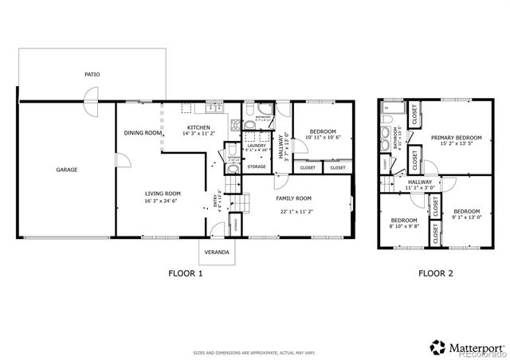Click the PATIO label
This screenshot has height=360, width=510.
click(x=92, y=74)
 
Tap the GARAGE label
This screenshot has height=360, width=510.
click(x=66, y=170)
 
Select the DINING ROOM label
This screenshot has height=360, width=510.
click(x=142, y=133)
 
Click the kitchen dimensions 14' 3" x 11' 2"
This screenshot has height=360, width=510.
click(x=198, y=135)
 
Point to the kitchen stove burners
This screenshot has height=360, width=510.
click(x=235, y=126)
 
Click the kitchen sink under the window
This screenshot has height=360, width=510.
click(x=214, y=108)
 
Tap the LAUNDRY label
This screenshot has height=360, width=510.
click(x=256, y=145)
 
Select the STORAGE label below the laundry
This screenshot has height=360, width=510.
click(x=256, y=166)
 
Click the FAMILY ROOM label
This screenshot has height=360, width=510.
click(x=293, y=198)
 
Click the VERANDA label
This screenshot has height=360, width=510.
click(x=217, y=252)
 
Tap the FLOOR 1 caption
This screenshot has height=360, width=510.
click(x=185, y=273)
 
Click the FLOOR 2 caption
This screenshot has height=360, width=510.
click(x=435, y=273)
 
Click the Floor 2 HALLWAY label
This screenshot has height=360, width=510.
click(x=419, y=182)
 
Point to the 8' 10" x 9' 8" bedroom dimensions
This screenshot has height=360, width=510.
click(x=403, y=225)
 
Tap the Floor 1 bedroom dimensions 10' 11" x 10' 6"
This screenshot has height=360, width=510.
click(x=322, y=137)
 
